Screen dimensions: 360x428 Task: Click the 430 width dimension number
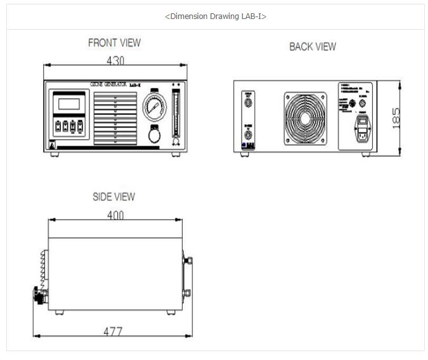click(x=114, y=61)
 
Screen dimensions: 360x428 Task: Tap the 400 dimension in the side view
click(x=115, y=215)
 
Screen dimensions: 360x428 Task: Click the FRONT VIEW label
click(x=114, y=43)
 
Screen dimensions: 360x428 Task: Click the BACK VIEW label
click(x=313, y=46)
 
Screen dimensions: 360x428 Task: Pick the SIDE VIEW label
click(x=113, y=197)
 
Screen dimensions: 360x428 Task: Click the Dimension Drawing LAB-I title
click(x=215, y=16)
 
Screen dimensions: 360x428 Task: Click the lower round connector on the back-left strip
click(x=248, y=134)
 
